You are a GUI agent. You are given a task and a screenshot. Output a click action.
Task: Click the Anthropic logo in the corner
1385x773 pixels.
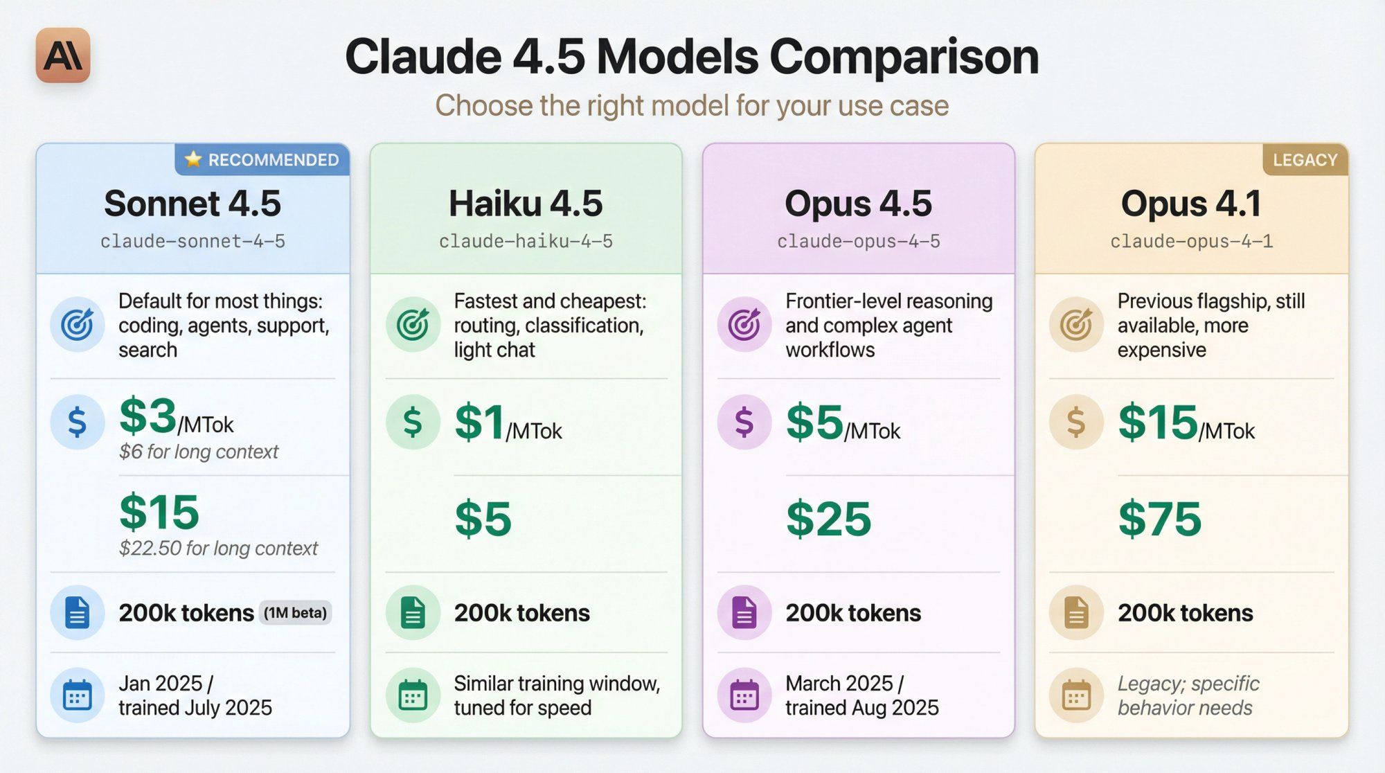tap(63, 55)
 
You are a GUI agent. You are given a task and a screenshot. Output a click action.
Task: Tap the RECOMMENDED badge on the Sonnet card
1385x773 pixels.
tap(262, 160)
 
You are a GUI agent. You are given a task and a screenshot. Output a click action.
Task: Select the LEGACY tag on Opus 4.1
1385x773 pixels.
tap(1305, 160)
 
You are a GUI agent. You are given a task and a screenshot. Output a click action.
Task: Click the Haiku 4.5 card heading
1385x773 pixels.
tap(526, 204)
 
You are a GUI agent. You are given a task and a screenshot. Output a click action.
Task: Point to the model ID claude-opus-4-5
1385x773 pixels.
tap(858, 242)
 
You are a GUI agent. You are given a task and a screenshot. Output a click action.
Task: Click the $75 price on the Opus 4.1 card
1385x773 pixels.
tap(1160, 519)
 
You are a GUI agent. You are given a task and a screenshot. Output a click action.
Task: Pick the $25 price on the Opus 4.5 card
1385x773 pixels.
tap(828, 519)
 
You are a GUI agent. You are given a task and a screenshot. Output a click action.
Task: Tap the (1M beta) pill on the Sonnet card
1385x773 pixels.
tap(295, 613)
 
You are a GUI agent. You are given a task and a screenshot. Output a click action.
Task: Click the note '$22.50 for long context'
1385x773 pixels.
tap(218, 549)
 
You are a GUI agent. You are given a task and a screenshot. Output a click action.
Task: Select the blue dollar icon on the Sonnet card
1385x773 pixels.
tap(77, 422)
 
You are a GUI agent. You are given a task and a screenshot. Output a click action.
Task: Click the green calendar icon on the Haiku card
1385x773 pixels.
tap(413, 695)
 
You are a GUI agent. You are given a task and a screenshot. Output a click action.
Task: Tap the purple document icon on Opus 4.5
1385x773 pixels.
tap(744, 613)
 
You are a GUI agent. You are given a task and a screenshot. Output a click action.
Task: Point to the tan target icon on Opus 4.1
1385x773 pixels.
tap(1076, 324)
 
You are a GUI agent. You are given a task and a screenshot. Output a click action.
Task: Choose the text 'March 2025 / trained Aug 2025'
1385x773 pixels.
tap(861, 695)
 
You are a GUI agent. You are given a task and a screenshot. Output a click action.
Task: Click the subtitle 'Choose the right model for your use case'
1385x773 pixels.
tap(692, 106)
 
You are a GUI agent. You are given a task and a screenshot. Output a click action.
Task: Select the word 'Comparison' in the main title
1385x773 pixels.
tap(904, 57)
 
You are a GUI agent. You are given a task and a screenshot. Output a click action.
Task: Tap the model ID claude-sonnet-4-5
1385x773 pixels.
tap(193, 242)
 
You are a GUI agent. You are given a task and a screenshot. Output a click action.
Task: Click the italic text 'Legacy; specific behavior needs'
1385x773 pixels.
tap(1188, 695)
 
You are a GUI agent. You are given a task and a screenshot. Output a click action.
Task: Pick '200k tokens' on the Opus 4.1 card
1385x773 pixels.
tap(1185, 613)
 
